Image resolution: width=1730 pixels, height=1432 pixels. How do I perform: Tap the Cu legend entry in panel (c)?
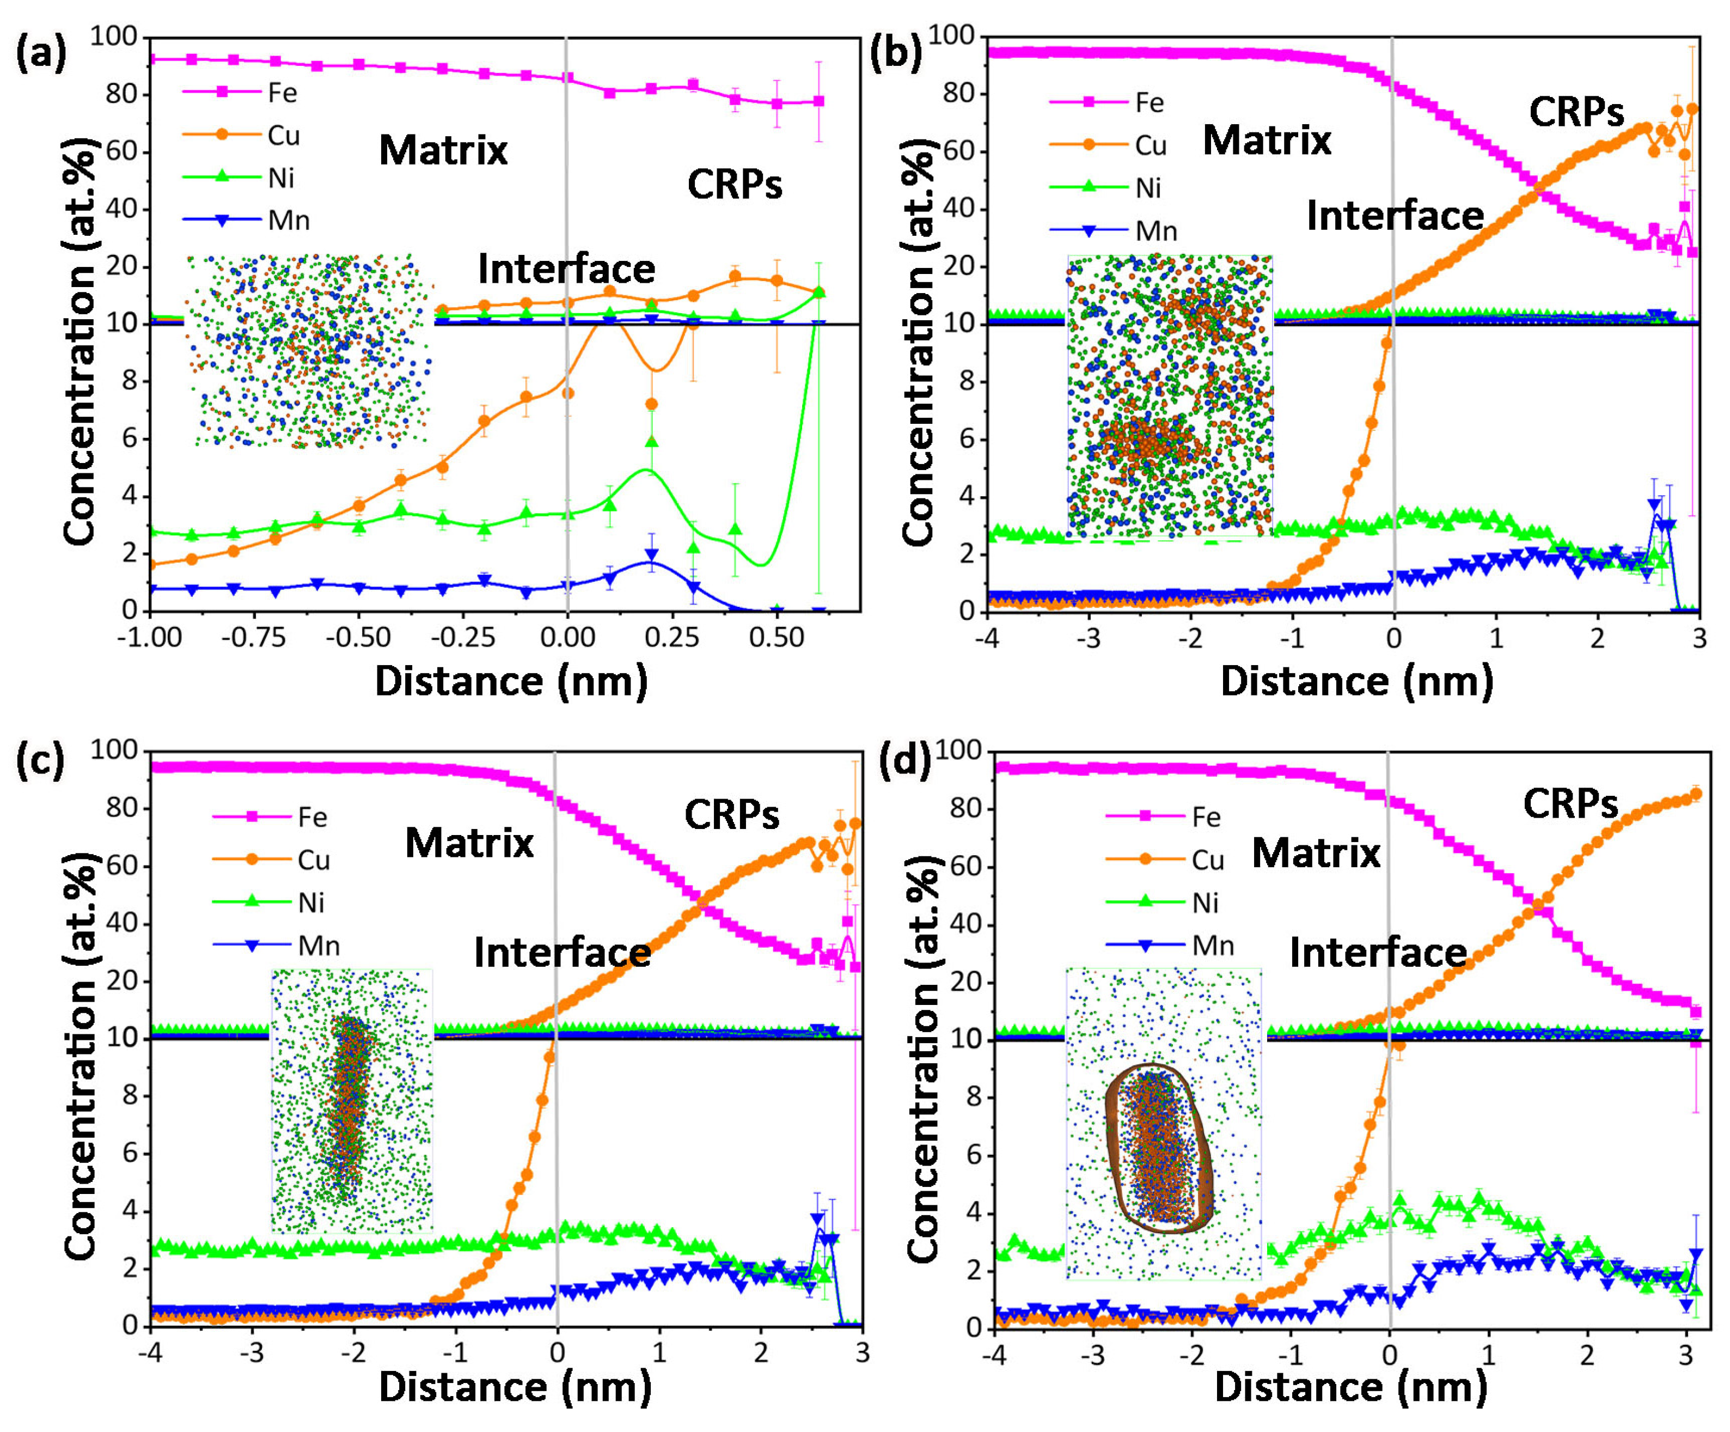pyautogui.click(x=313, y=860)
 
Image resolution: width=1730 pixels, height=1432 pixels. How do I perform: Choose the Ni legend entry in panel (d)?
pyautogui.click(x=1205, y=903)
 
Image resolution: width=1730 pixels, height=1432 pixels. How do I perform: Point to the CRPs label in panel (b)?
pyautogui.click(x=1576, y=112)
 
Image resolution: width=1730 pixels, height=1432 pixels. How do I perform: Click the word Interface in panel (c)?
pyautogui.click(x=562, y=953)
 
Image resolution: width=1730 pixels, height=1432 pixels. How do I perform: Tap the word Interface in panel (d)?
pyautogui.click(x=1377, y=953)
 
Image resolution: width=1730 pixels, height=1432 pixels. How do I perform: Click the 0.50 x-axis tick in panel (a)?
pyautogui.click(x=777, y=638)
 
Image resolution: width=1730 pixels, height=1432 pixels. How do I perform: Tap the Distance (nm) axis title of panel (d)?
pyautogui.click(x=1351, y=1387)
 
